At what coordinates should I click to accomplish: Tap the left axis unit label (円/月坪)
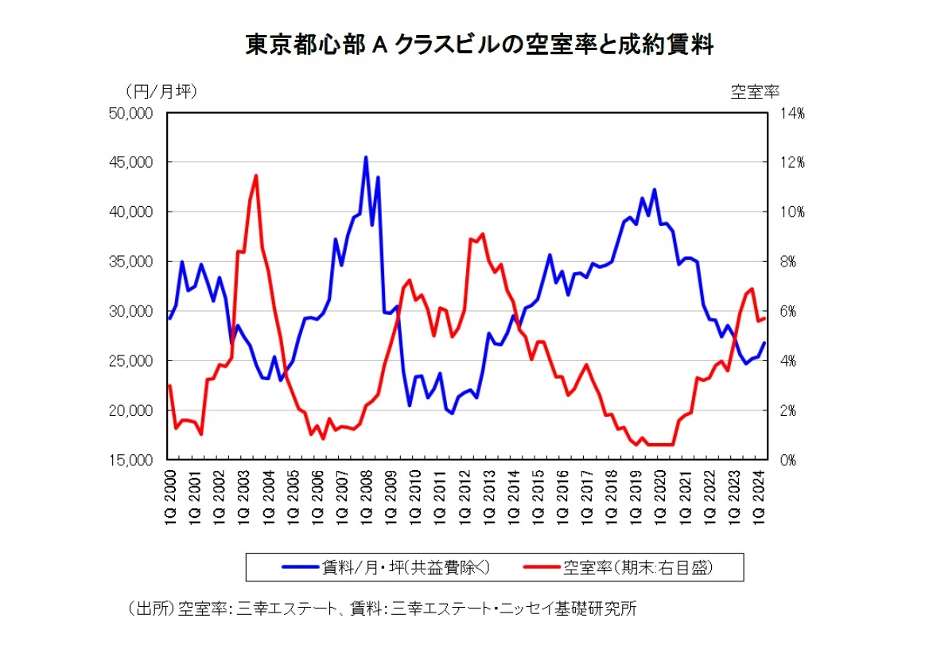point(161,91)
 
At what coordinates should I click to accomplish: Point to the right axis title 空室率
point(755,91)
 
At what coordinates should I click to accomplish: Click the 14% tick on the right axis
point(791,113)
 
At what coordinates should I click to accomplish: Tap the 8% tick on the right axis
point(791,262)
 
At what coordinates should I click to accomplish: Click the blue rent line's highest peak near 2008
point(366,157)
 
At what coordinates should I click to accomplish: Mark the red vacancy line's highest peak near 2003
point(255,176)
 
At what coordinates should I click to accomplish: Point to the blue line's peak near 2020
point(655,190)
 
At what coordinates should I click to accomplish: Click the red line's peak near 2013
point(483,234)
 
